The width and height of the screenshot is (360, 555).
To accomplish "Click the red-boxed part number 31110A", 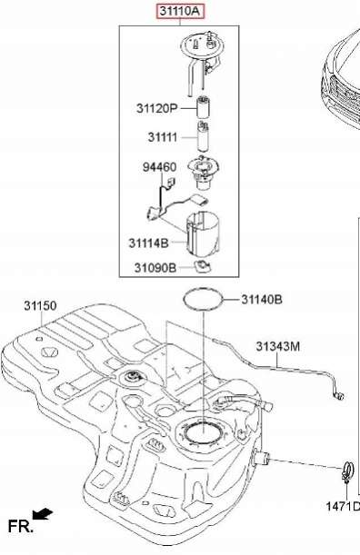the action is coord(181,11).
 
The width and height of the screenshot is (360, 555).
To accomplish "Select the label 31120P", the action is coord(156,108).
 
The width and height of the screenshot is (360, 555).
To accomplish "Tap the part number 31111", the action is coord(163,137).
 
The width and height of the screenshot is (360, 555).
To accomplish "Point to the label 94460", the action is coord(159,167).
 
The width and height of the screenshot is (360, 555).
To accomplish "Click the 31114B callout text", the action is coord(148,243).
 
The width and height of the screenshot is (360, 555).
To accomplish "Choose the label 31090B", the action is coord(155,268).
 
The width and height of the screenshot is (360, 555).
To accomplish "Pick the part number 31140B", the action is coord(262,300).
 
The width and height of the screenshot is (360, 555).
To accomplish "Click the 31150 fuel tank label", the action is coord(40,305).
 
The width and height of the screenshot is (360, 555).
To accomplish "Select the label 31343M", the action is coord(278,347).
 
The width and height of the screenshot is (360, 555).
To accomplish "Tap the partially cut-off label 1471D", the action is coord(343,507).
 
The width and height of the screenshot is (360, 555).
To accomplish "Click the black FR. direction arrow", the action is coord(42,514).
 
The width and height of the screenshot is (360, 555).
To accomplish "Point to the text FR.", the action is coord(21,527).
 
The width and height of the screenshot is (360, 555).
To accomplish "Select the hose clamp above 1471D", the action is coord(347,471).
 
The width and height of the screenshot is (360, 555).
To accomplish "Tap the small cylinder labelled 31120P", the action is coord(203,107).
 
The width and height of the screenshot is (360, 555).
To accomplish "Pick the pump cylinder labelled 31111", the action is coord(203,136).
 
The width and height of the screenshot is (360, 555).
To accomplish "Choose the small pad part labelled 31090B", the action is coord(203,266).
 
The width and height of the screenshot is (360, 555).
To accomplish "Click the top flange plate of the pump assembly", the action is coord(203,46).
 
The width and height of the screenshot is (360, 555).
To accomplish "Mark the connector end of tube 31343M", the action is coord(339,395).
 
